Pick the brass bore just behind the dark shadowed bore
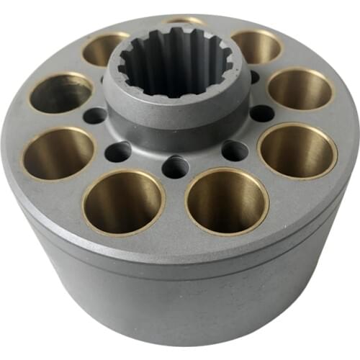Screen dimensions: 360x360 coord(105,48)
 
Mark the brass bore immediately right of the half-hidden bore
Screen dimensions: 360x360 coord(256,46)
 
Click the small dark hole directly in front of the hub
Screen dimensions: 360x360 coord(176,166)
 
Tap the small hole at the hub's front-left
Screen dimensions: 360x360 coord(118,151)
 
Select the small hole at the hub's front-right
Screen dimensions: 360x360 coord(235,150)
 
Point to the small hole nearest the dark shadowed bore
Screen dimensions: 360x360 coord(94,116)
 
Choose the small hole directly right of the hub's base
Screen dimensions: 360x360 coord(261,113)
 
